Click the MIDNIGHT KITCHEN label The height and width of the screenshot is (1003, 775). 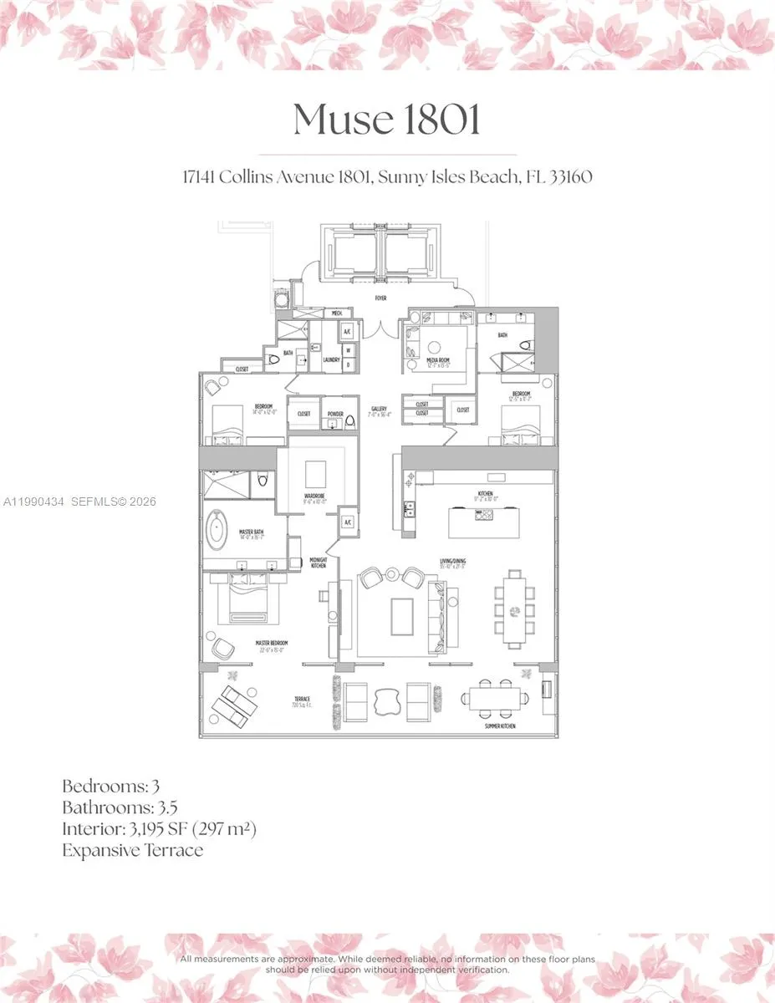pos(318,563)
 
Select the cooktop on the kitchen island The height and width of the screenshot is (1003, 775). pos(483,516)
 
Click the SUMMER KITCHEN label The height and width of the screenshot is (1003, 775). pos(499,726)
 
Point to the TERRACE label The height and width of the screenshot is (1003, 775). pos(301,700)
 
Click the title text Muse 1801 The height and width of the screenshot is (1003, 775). pos(387,120)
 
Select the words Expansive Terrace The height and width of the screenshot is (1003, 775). pos(132,851)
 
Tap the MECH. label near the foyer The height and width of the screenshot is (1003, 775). pos(337,313)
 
